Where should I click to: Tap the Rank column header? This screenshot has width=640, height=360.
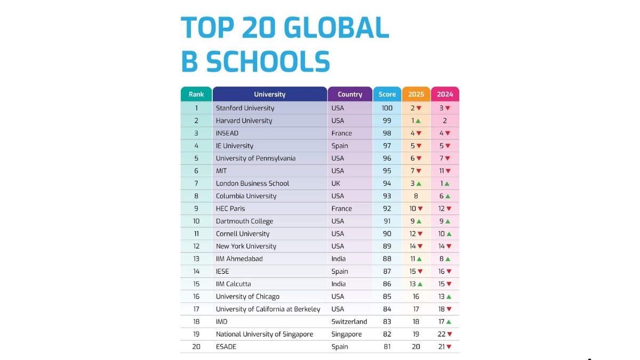click(196, 94)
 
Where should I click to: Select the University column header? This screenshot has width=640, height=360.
click(269, 94)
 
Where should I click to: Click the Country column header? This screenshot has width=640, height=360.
click(350, 94)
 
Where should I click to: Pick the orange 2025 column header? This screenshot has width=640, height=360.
click(416, 94)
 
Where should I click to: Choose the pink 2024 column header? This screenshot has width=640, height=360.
click(445, 94)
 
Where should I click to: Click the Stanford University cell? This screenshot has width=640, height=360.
click(245, 108)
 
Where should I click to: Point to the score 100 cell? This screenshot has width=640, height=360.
click(387, 108)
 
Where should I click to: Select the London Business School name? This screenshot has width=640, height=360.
click(252, 183)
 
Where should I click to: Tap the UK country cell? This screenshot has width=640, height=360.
click(336, 183)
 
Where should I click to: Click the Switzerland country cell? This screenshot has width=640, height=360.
click(349, 322)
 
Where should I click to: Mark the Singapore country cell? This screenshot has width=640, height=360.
click(347, 334)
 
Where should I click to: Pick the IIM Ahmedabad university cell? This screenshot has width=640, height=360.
click(239, 259)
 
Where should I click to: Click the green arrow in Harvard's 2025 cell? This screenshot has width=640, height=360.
click(419, 121)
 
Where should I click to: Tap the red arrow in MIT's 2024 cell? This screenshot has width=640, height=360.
click(448, 171)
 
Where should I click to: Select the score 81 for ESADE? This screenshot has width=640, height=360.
click(387, 347)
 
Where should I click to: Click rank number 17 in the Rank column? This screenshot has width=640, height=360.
click(196, 309)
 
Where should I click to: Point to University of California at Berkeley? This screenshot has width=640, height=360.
click(268, 309)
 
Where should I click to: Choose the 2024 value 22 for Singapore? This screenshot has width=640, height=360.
click(442, 334)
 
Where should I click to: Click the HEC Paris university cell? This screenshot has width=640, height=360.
click(230, 209)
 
